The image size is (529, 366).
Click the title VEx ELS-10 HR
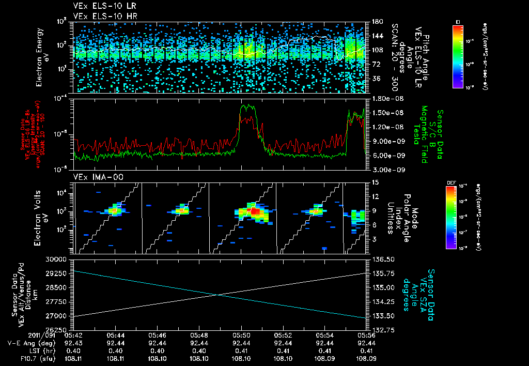(101, 16)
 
